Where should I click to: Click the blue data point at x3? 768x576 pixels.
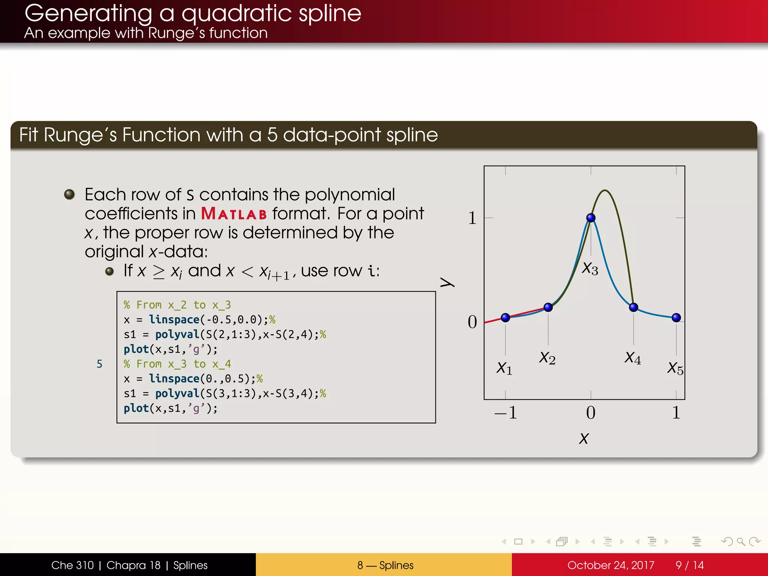click(591, 217)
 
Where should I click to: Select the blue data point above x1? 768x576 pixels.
click(505, 318)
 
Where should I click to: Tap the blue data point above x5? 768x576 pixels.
click(676, 318)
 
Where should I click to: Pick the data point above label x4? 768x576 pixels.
click(633, 307)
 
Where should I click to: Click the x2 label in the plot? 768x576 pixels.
click(547, 358)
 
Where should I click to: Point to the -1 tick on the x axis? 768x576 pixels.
click(506, 413)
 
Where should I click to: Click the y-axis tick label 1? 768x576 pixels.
click(472, 218)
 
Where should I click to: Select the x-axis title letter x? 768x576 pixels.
click(584, 438)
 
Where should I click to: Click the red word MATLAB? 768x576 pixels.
click(234, 214)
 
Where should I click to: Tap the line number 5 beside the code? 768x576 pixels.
click(99, 364)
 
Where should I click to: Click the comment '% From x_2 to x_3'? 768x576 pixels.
click(177, 305)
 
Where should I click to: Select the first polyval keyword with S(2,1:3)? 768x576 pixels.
click(177, 334)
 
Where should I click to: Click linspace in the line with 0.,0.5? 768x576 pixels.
click(174, 379)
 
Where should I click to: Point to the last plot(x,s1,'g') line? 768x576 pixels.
click(170, 408)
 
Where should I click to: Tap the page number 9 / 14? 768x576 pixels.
click(689, 565)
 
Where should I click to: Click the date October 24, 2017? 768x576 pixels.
click(610, 565)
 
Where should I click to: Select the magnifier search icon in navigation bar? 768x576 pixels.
click(741, 541)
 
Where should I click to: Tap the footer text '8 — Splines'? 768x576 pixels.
click(385, 565)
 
